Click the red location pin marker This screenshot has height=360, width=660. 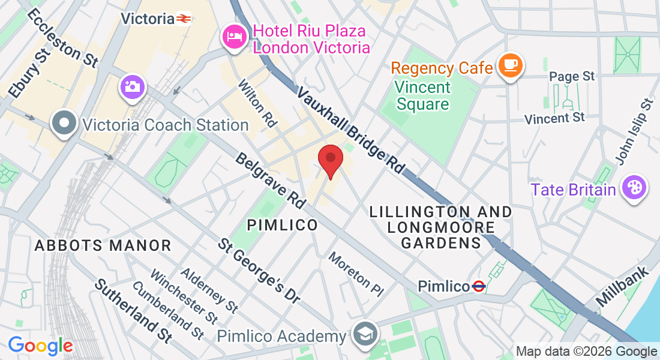click(330, 159)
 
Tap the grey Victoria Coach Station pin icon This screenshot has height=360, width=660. click(63, 124)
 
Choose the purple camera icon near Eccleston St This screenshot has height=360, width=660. click(131, 86)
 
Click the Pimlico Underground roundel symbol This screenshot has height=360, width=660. click(478, 286)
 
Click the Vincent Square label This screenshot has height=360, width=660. click(423, 96)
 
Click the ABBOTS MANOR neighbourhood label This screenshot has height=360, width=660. click(103, 245)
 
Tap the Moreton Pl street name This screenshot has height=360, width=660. click(356, 274)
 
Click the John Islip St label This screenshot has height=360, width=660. click(634, 131)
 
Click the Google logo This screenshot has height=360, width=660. click(40, 346)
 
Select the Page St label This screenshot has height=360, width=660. click(572, 76)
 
